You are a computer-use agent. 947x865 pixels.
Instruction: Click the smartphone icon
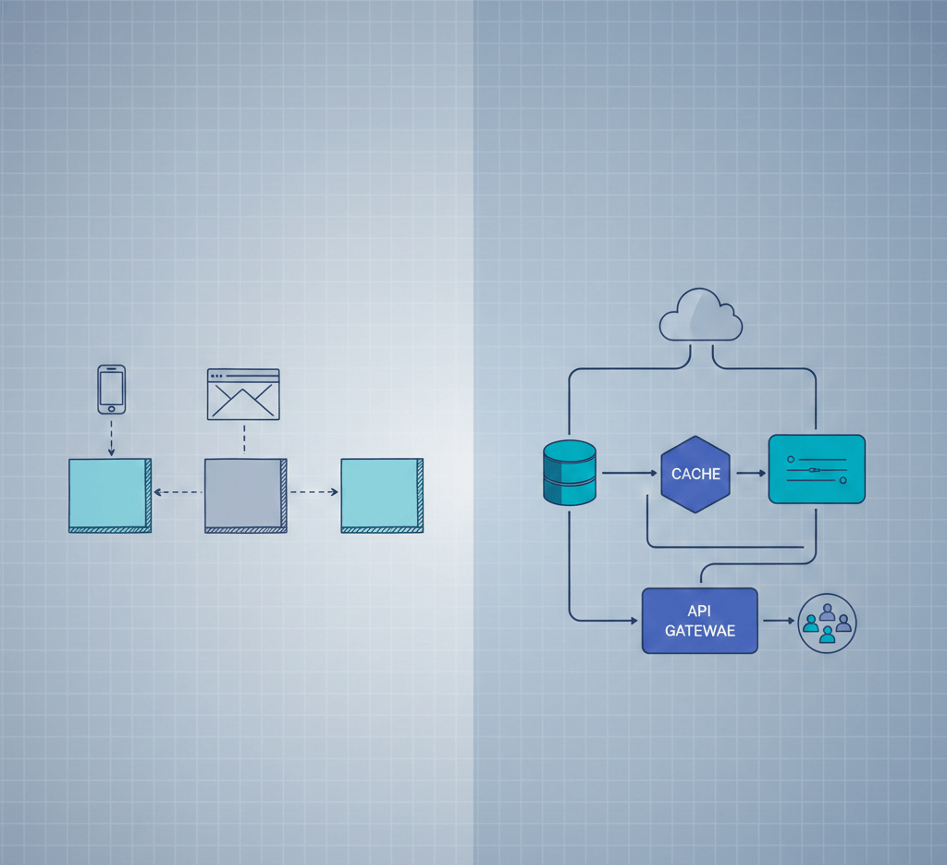pyautogui.click(x=111, y=389)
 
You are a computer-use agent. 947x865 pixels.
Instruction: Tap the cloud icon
pyautogui.click(x=701, y=316)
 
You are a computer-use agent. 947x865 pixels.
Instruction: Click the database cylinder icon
pyautogui.click(x=570, y=473)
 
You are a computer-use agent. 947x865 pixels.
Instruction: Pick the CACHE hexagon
pyautogui.click(x=695, y=474)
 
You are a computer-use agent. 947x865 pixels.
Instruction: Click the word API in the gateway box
pyautogui.click(x=699, y=612)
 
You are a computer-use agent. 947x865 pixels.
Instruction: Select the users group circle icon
pyautogui.click(x=827, y=623)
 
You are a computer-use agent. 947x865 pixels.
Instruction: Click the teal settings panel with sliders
pyautogui.click(x=817, y=469)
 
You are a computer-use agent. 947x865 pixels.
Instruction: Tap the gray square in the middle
pyautogui.click(x=243, y=495)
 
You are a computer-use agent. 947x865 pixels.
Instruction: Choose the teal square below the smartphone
pyautogui.click(x=109, y=495)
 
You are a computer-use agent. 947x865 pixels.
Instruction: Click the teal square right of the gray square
pyautogui.click(x=381, y=495)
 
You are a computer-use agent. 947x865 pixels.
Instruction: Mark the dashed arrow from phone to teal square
pyautogui.click(x=111, y=437)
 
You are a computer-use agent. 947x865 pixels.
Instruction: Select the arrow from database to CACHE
pyautogui.click(x=628, y=473)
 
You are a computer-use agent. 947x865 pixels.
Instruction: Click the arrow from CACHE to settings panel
pyautogui.click(x=750, y=473)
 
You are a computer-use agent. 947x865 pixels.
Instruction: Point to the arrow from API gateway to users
pyautogui.click(x=777, y=622)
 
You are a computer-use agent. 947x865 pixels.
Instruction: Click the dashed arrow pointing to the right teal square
pyautogui.click(x=314, y=492)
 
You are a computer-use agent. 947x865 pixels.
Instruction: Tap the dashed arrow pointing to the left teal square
pyautogui.click(x=178, y=492)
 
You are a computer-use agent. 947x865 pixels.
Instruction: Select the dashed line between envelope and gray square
pyautogui.click(x=243, y=439)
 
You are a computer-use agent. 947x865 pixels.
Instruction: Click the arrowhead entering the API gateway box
pyautogui.click(x=635, y=619)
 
